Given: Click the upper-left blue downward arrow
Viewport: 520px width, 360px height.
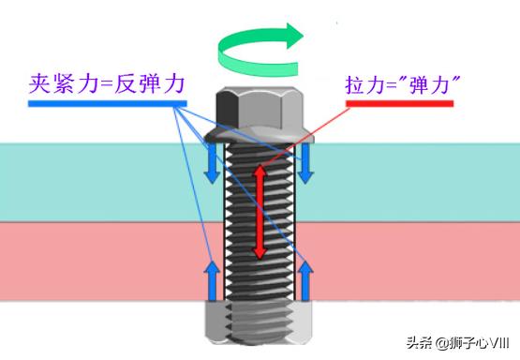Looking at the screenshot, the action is click(x=214, y=163).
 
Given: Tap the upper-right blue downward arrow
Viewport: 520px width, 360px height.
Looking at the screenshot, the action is click(x=305, y=163).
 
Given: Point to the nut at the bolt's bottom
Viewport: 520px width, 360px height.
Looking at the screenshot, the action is click(x=259, y=324).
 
